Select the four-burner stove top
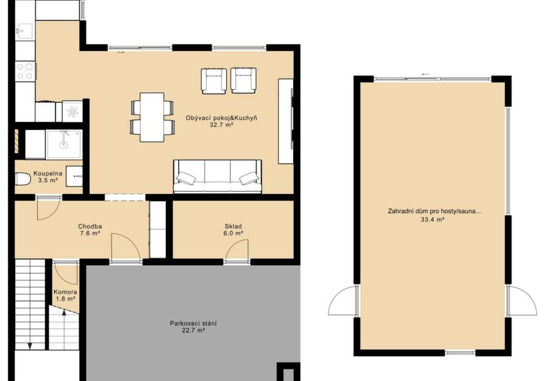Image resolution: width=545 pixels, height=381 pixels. coord(26,71)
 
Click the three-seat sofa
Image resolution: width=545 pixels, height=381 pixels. coord(217,176)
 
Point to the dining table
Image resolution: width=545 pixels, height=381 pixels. coord(152,117)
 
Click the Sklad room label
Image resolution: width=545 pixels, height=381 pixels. coord(233,227)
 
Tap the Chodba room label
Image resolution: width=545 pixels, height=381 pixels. coord(90,227)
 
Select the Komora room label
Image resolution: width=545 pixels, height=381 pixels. coord(65,293)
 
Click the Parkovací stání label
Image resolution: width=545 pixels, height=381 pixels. coord(193,323)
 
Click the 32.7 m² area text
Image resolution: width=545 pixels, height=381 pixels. coord(221,125)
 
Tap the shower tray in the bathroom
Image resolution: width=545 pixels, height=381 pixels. coord(64,144)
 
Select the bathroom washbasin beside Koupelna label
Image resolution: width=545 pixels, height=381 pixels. coord(74,177)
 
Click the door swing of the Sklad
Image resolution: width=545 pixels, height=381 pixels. coord(237,251)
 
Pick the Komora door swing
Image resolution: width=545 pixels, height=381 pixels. coord(66,274)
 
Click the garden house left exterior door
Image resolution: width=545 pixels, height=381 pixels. coord(343,301)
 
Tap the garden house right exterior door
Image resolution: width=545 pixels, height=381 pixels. coord(522,301)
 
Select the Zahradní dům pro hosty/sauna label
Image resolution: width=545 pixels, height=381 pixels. coord(435,211)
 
